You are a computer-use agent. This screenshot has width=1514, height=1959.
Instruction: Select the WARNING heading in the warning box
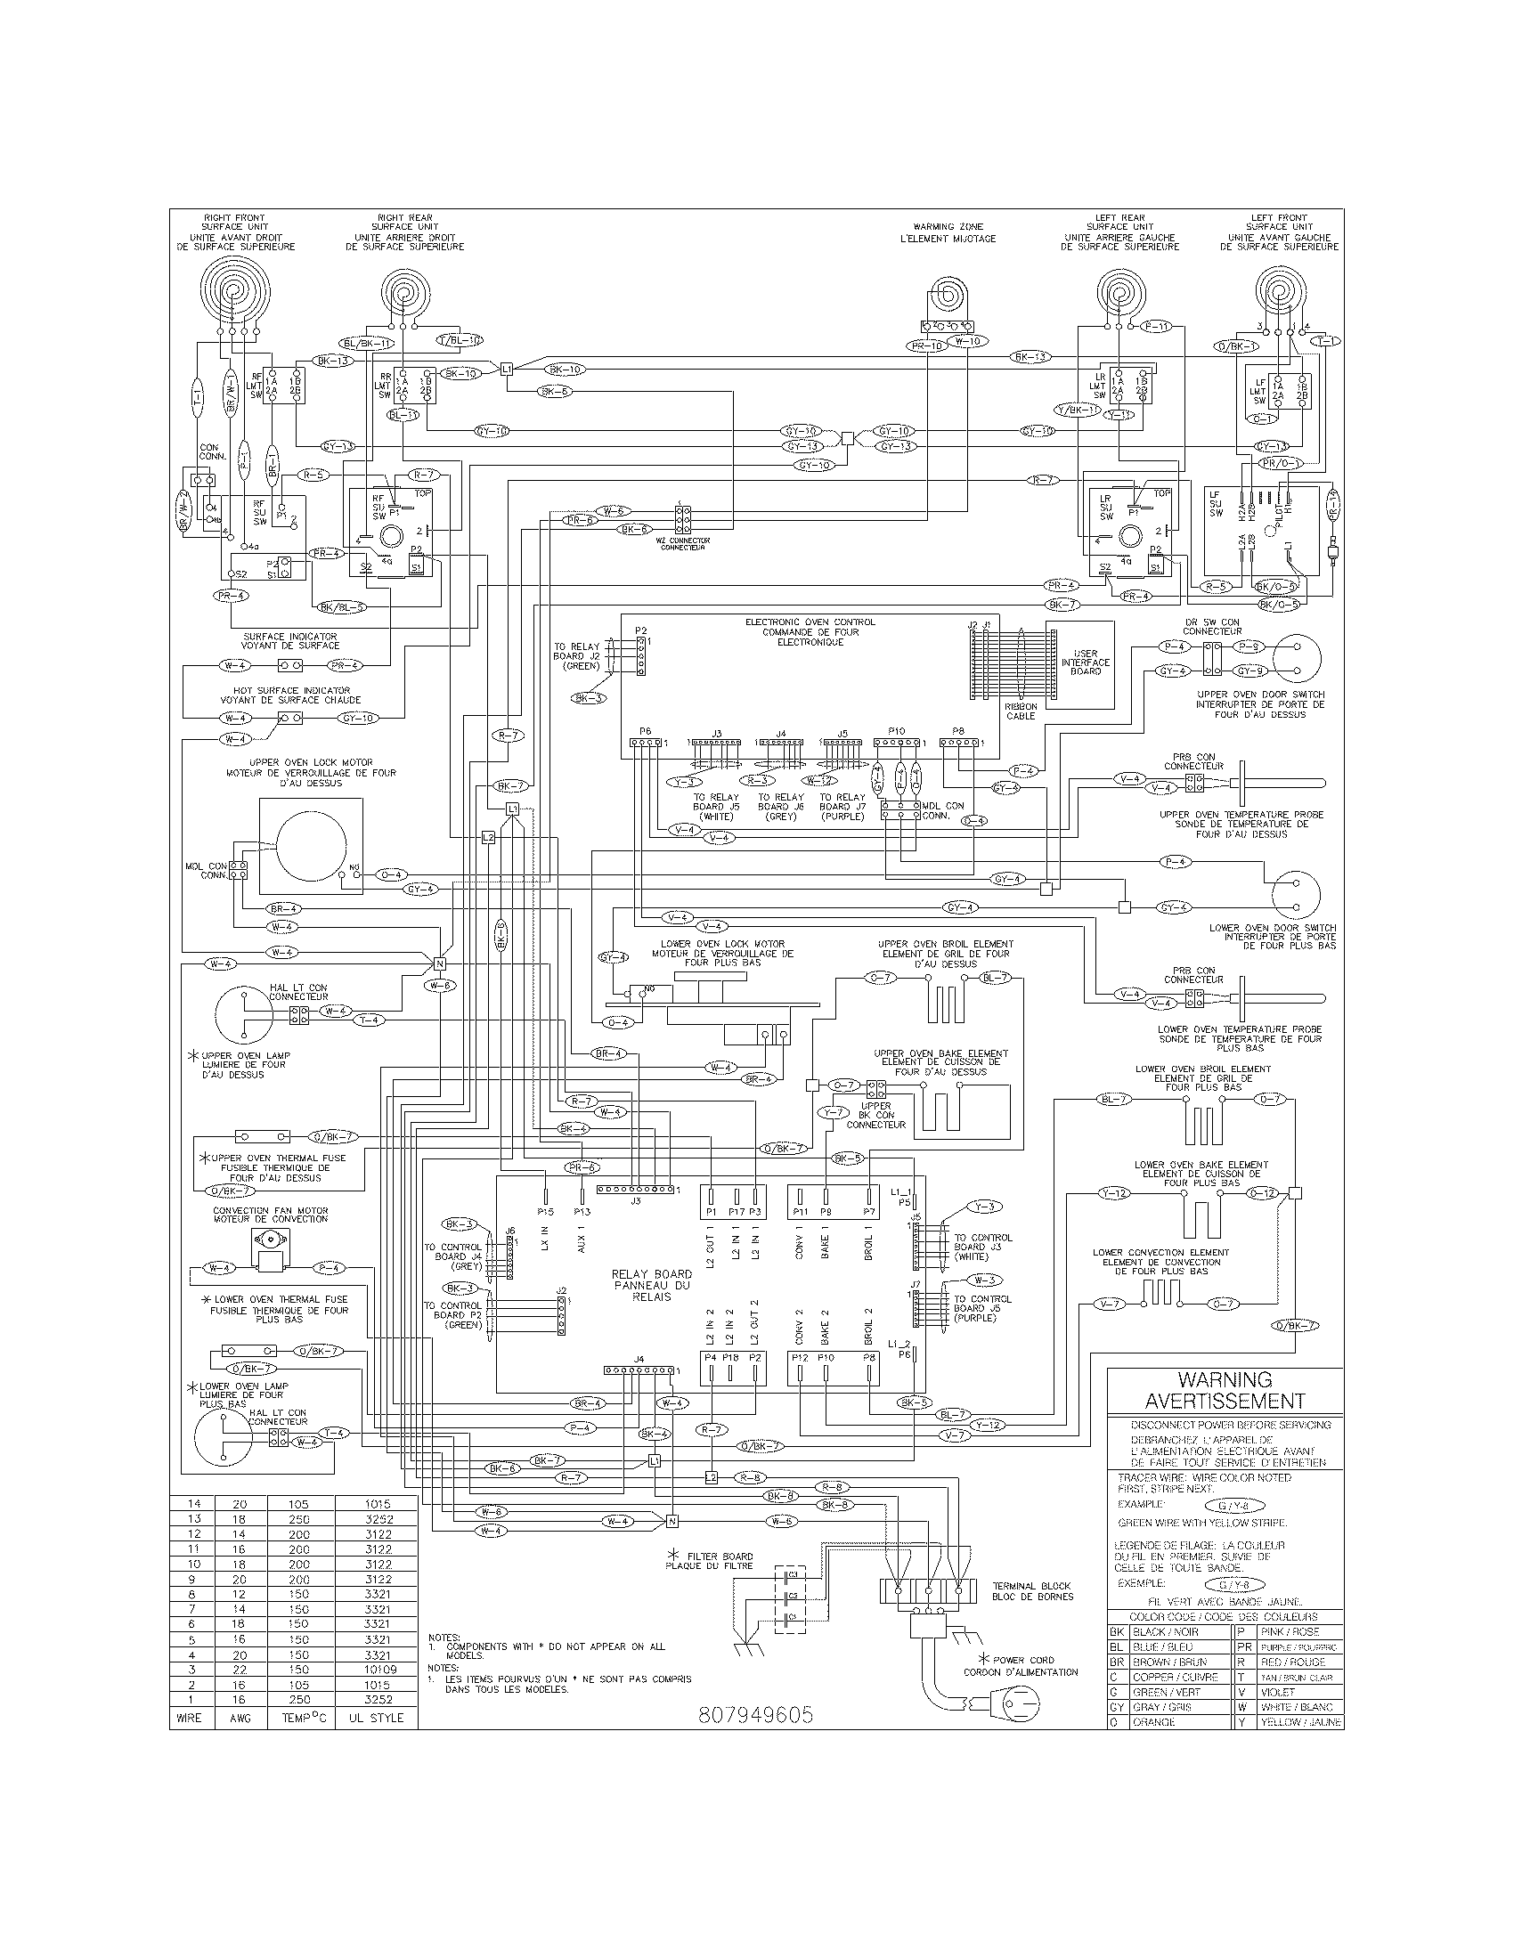[x=1225, y=1379]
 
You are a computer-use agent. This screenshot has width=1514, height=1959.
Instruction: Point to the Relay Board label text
[x=651, y=1284]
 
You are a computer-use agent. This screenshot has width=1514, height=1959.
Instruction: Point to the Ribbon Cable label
[x=1021, y=711]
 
